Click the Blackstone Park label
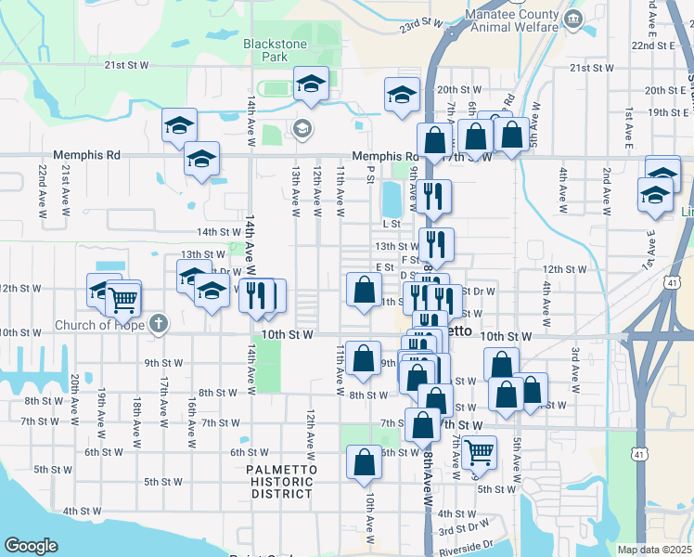click(267, 49)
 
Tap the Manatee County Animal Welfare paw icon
click(572, 17)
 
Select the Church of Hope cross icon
click(159, 324)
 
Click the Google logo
click(31, 546)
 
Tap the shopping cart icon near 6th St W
click(479, 452)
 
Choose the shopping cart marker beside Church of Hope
click(122, 298)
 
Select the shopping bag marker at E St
click(363, 289)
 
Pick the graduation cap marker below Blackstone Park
click(311, 84)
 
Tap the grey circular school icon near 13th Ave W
click(302, 128)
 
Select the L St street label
click(391, 224)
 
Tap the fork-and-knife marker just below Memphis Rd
click(433, 196)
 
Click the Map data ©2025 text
click(654, 550)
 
